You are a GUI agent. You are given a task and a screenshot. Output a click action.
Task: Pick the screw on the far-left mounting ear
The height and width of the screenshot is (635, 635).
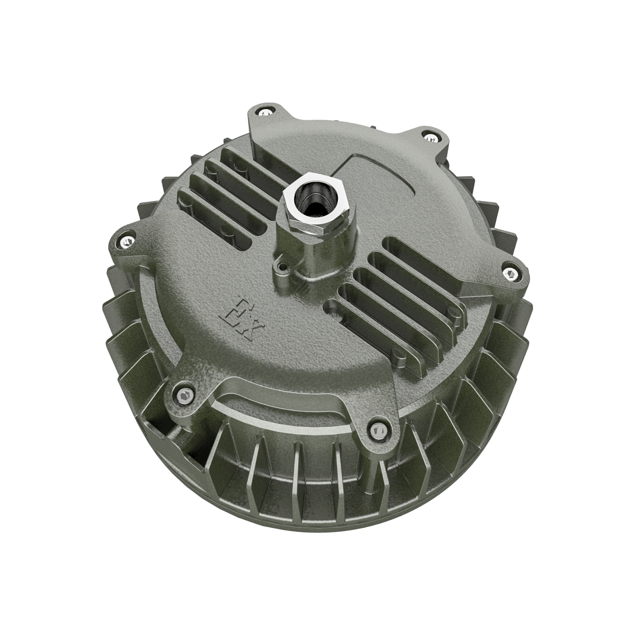[127, 242]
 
